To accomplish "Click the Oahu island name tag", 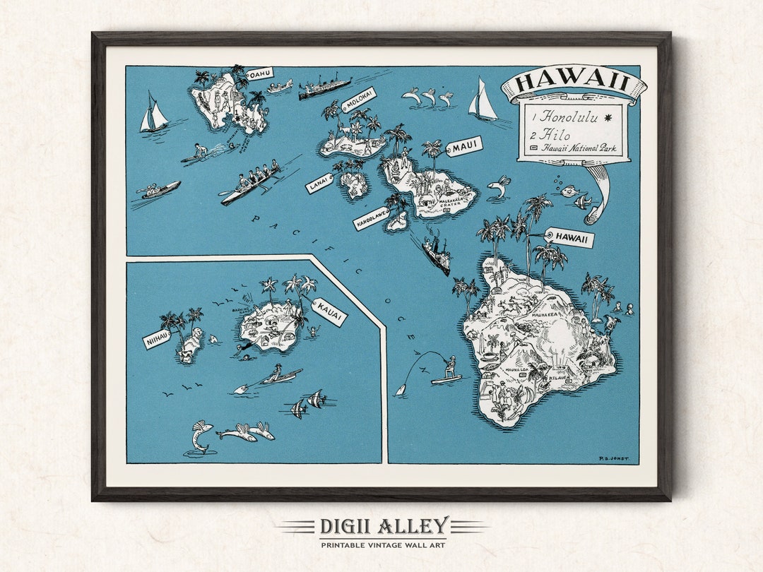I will (x=259, y=73).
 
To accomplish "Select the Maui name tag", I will (x=464, y=147).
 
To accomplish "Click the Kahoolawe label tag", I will (x=372, y=218).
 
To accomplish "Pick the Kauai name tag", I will (x=329, y=311).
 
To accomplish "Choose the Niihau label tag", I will (x=158, y=340).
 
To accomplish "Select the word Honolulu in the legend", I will (x=569, y=118).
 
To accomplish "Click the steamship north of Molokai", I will (x=324, y=88).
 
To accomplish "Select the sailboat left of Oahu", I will (x=153, y=113).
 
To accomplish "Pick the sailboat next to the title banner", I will (x=483, y=100).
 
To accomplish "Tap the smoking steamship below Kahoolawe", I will (x=436, y=254).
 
